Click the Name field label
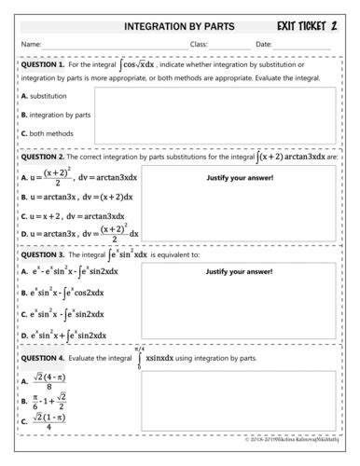tap(31, 44)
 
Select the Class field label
tap(198, 44)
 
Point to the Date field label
tap(263, 44)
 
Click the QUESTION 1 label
tap(43, 65)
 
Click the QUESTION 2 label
tap(43, 158)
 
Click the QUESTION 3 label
tap(43, 254)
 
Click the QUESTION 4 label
tap(43, 358)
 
